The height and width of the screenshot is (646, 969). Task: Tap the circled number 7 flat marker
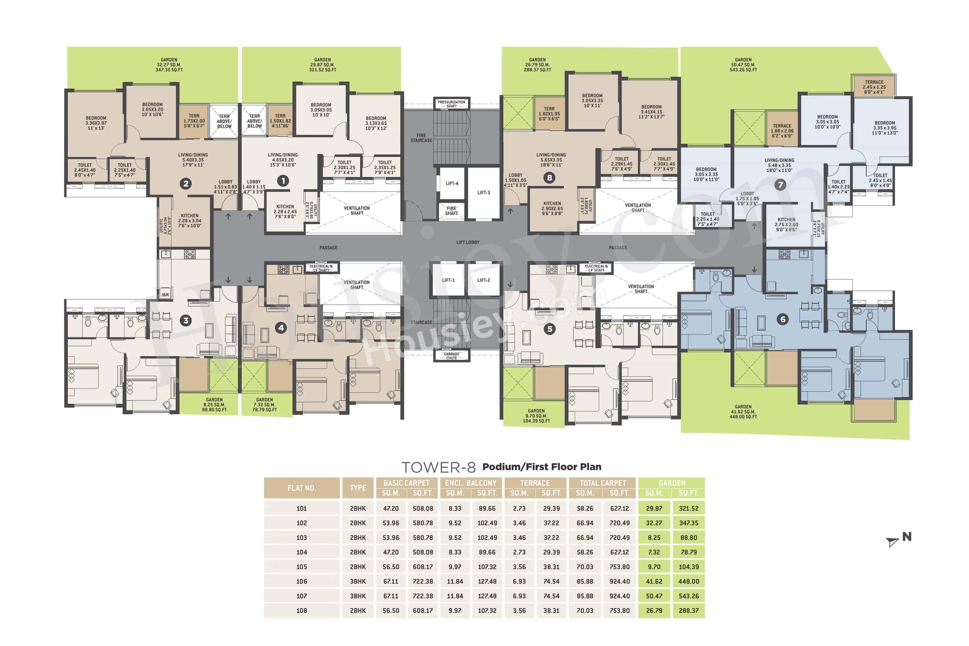[x=780, y=185]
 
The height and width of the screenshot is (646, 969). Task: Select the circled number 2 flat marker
[x=186, y=184]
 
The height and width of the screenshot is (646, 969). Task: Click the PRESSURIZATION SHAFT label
[x=452, y=104]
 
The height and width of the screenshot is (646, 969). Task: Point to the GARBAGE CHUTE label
[x=452, y=356]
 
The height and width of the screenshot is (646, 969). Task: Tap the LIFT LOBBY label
[x=468, y=242]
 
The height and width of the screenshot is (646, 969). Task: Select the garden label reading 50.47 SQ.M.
[x=743, y=65]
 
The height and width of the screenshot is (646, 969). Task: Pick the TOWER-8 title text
[x=438, y=467]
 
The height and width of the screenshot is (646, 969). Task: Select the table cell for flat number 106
[x=301, y=581]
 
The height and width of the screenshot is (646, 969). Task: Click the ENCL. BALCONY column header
[x=471, y=483]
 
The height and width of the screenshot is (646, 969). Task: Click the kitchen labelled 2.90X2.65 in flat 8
[x=552, y=208]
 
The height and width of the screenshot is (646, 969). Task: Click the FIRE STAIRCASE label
[x=421, y=138]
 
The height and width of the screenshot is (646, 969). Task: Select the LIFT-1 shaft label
[x=448, y=280]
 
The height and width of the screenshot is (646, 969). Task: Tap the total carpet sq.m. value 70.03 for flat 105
[x=585, y=567]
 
